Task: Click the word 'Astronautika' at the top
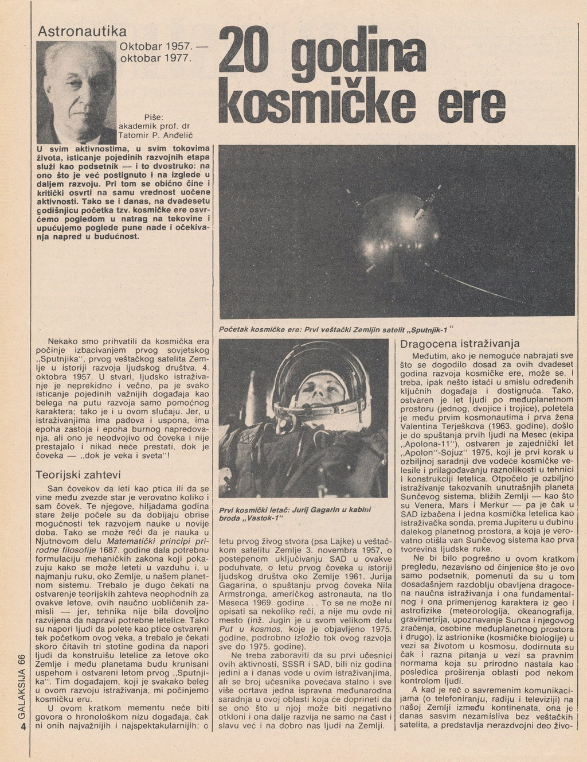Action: pyautogui.click(x=82, y=32)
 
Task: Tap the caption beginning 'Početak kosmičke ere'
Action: pyautogui.click(x=332, y=329)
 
